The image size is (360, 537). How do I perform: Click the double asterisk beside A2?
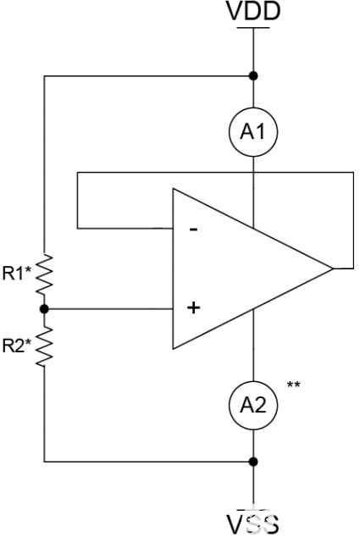[293, 386]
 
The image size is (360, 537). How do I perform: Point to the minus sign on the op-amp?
[194, 230]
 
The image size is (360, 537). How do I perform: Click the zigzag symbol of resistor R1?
[44, 273]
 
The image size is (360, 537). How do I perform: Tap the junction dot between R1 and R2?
[44, 309]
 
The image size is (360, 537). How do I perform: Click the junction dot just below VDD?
[252, 75]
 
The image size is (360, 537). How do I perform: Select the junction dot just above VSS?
[252, 462]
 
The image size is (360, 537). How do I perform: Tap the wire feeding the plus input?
[110, 309]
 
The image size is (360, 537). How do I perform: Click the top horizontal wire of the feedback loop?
[212, 172]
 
